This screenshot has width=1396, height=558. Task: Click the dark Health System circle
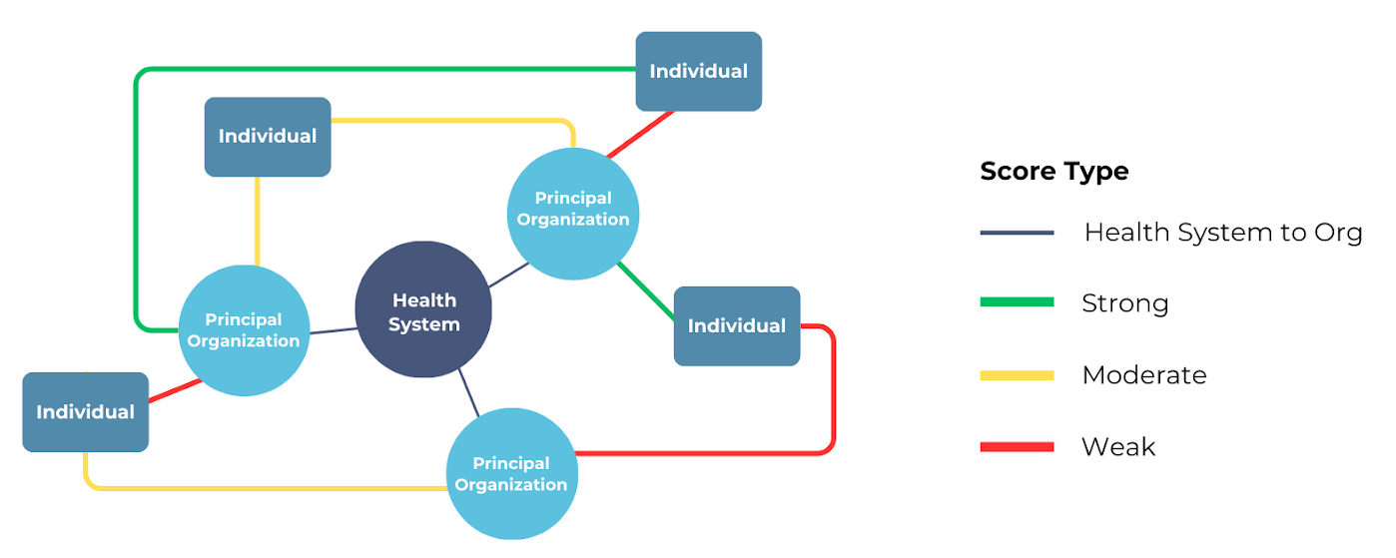pos(423,309)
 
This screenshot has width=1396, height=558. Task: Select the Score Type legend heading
pos(1054,172)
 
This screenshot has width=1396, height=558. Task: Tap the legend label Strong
pos(1124,303)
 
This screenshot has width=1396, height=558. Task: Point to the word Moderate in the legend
pos(1144,375)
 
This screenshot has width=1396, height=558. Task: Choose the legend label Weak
pos(1118,447)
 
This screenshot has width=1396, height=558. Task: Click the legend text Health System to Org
pos(1222,233)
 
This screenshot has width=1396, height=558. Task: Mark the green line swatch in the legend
pos(1017,302)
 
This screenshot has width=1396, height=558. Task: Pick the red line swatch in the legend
pos(1017,447)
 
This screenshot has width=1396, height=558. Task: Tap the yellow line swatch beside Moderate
pos(1017,375)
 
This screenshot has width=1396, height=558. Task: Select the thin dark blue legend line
pos(1017,233)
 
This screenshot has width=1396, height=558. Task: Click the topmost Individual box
pos(699,71)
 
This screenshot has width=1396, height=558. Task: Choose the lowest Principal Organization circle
pos(511,474)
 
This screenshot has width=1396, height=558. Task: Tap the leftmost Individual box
pos(86,411)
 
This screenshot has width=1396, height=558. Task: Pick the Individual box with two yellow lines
pos(268,137)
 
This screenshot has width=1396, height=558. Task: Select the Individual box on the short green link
pos(737,326)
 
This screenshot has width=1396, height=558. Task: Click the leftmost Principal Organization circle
pos(245,330)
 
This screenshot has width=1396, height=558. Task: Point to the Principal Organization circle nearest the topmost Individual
pos(573,214)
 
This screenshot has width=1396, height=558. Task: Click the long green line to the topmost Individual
pos(379,69)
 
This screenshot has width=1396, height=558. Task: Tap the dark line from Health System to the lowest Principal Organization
pos(468,392)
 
